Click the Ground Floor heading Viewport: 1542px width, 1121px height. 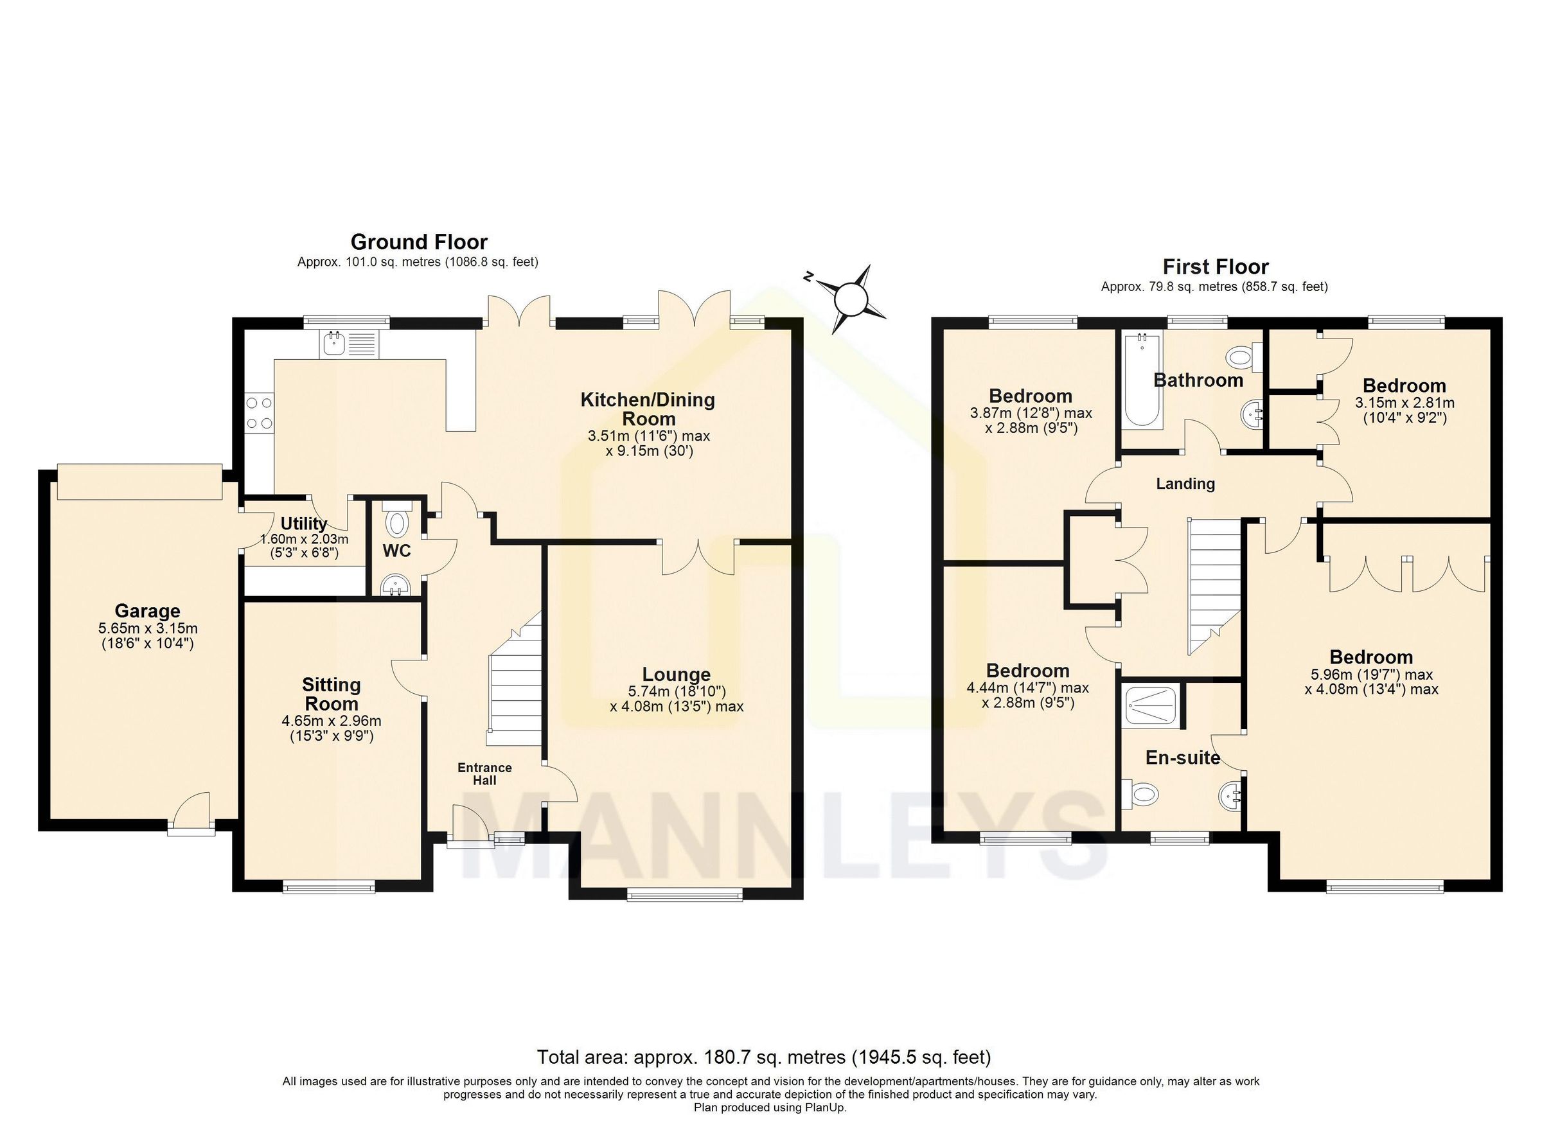pos(419,242)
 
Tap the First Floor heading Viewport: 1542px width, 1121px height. pos(1215,267)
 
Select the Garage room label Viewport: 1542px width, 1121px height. pos(147,610)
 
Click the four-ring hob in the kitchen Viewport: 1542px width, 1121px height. pos(259,412)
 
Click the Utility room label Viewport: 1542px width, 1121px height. pos(304,524)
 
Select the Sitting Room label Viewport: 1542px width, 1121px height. pos(331,693)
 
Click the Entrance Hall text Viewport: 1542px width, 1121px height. pos(484,773)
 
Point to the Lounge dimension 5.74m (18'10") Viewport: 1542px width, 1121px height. pos(676,691)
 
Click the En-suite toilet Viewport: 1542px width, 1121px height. pos(1140,793)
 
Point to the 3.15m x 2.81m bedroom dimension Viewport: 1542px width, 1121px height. pos(1404,403)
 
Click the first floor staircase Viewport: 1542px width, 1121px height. pos(1214,585)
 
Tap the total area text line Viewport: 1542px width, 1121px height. pos(763,1057)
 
